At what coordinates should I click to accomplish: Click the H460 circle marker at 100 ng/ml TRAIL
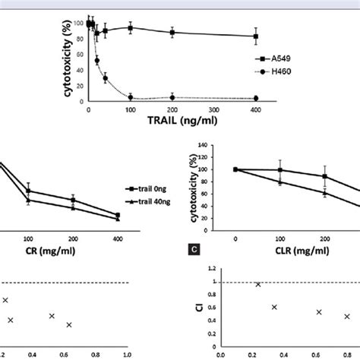coord(131,96)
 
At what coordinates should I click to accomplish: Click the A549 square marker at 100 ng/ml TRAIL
coord(131,28)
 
